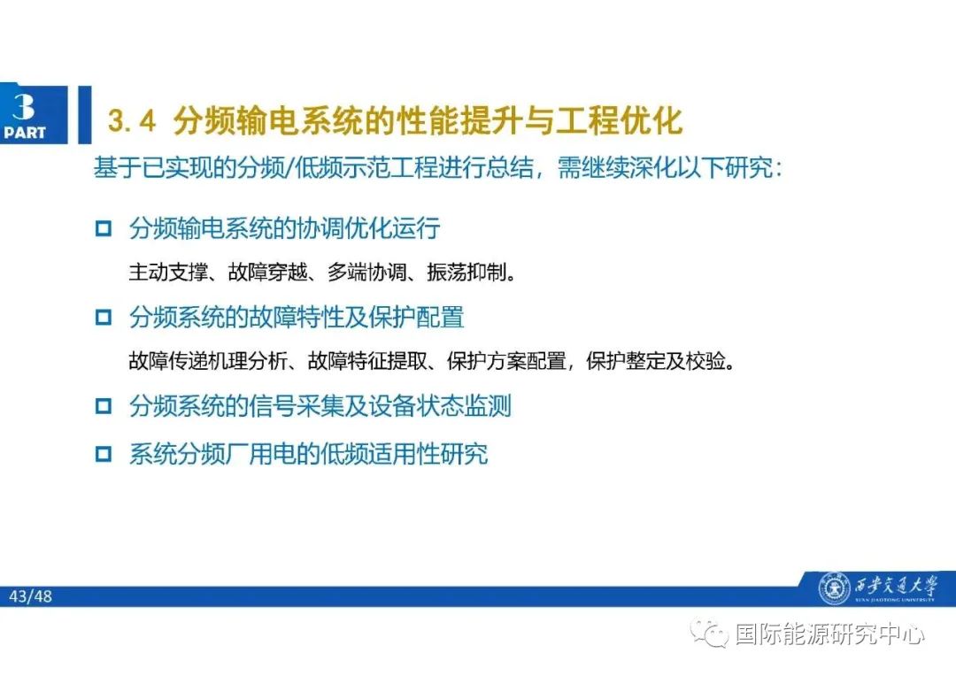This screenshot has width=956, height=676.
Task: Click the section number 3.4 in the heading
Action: (131, 121)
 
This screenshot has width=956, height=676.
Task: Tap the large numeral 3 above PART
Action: (24, 107)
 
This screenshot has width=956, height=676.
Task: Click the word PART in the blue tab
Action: (25, 133)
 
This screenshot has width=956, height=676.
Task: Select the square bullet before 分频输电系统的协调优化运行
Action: (104, 229)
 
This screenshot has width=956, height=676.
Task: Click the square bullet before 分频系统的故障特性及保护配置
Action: (104, 317)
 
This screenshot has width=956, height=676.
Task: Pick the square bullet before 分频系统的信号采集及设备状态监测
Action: (104, 407)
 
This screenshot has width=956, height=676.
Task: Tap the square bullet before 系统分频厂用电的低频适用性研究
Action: (104, 455)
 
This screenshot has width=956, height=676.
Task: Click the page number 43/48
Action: (31, 596)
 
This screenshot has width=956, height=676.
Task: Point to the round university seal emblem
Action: (832, 588)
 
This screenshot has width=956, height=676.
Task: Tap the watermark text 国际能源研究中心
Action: (829, 634)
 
